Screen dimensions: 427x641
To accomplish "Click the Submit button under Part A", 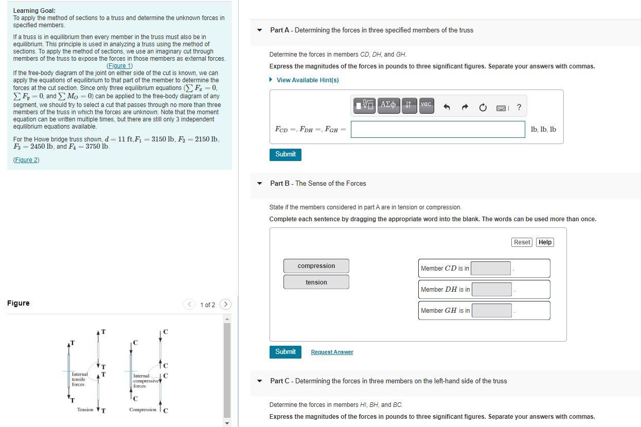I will (x=285, y=154).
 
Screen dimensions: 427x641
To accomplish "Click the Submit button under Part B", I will (x=285, y=352).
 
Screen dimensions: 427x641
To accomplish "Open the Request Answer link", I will (x=332, y=352).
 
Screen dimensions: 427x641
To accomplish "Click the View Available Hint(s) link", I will (x=307, y=80).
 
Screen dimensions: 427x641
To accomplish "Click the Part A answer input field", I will (x=437, y=129).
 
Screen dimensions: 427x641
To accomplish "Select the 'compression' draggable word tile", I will (x=316, y=266).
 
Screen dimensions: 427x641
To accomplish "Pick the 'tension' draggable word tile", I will (x=316, y=282).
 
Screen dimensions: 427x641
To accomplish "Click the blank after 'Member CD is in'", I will (x=491, y=268).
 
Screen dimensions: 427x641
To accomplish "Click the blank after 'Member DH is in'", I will (x=492, y=289).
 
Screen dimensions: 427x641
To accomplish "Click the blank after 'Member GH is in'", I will (x=492, y=310).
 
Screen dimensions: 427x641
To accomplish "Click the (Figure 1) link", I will (x=119, y=66).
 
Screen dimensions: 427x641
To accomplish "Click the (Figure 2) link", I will (x=26, y=160).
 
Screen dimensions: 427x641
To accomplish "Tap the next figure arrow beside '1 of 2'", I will (x=225, y=305).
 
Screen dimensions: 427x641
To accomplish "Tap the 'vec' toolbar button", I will (x=425, y=105).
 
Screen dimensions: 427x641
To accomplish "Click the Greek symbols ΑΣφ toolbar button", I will (x=388, y=105).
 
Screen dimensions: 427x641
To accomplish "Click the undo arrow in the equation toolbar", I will (x=447, y=108).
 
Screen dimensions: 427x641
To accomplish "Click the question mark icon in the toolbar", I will (x=519, y=108).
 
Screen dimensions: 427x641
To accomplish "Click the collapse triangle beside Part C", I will (x=260, y=381).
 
